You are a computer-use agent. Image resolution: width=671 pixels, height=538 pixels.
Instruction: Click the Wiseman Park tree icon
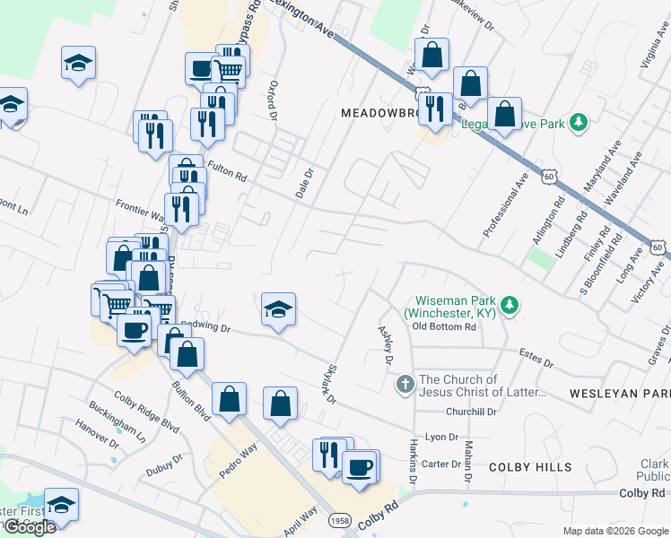tap(510, 306)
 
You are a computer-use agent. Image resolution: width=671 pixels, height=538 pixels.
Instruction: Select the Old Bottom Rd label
tap(444, 326)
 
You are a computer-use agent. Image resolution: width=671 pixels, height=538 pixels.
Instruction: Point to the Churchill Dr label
tap(472, 412)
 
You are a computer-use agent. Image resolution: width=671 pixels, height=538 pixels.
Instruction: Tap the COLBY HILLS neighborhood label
tap(530, 467)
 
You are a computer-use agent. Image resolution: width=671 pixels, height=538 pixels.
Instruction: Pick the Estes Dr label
tap(536, 359)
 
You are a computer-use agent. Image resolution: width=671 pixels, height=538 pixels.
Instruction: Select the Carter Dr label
tap(440, 464)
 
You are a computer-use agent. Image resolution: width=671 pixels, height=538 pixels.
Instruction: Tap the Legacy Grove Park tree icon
tap(579, 122)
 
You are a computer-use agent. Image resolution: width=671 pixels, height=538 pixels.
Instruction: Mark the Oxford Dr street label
tap(269, 100)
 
